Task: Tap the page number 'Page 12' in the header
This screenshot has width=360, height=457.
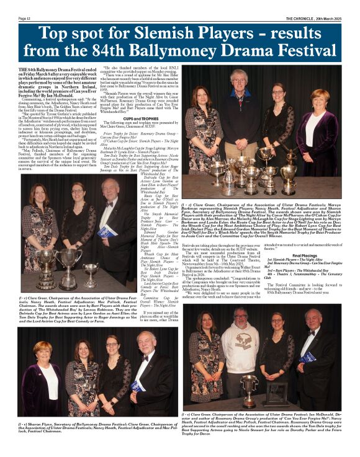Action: coord(27,18)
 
